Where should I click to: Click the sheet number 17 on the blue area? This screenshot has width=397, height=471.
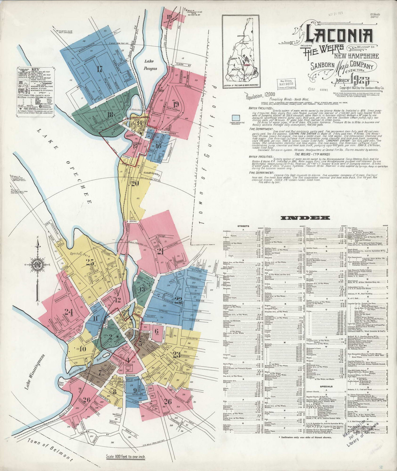tap(99, 69)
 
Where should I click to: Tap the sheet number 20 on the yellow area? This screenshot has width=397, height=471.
tap(135, 183)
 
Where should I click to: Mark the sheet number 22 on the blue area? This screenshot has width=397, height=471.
tap(178, 299)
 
